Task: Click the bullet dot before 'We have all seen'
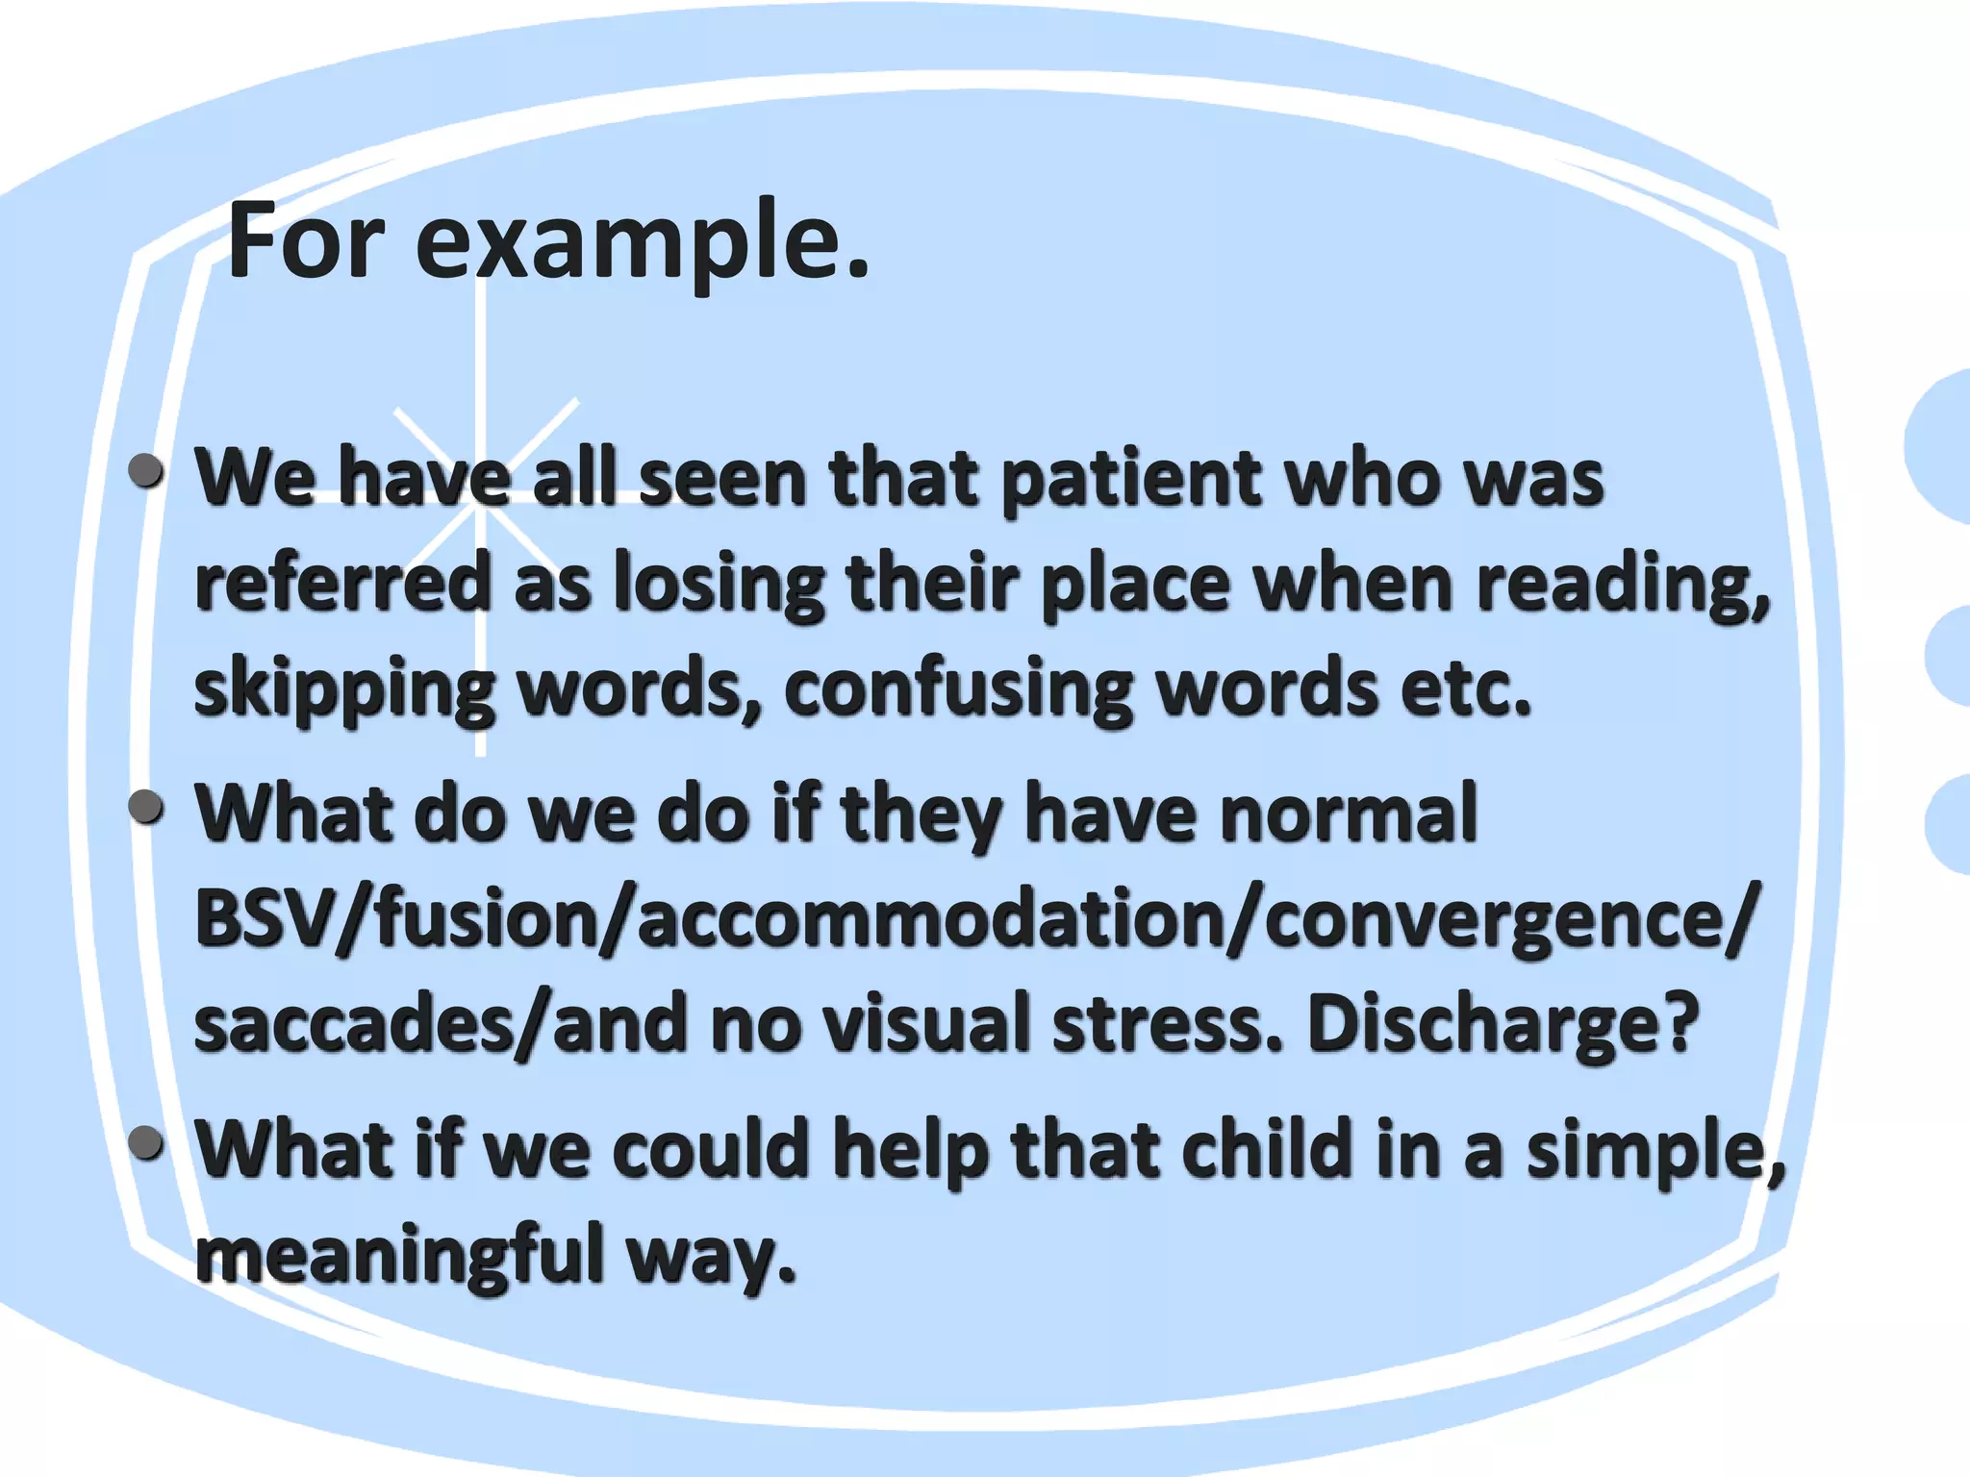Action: point(146,470)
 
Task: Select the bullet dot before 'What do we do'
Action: point(146,806)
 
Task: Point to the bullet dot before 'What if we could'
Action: point(146,1142)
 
